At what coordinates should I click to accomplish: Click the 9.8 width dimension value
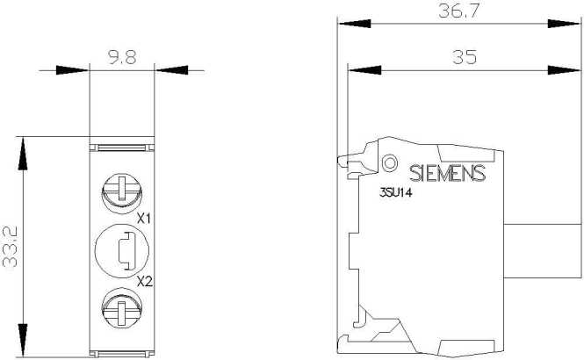pyautogui.click(x=122, y=57)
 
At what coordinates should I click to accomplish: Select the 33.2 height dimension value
pyautogui.click(x=10, y=247)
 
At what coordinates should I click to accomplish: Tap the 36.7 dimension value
pyautogui.click(x=458, y=11)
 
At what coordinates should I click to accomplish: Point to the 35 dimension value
pyautogui.click(x=465, y=57)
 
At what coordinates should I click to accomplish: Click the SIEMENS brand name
pyautogui.click(x=447, y=173)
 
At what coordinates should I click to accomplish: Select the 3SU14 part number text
pyautogui.click(x=395, y=193)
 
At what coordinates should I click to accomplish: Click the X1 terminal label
pyautogui.click(x=144, y=219)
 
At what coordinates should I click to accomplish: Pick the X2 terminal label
pyautogui.click(x=145, y=282)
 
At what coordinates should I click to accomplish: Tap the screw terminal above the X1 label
pyautogui.click(x=122, y=193)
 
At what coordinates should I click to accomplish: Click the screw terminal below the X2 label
pyautogui.click(x=122, y=308)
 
